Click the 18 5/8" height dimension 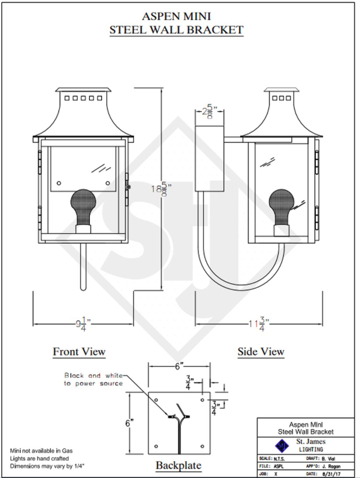160,190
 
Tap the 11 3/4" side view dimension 259,324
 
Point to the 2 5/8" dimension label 209,112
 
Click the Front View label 79,351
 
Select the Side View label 261,351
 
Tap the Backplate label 178,465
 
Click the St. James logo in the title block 282,445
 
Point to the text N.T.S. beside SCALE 279,459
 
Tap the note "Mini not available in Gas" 42,451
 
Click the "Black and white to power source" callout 93,380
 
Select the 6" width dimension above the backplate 179,366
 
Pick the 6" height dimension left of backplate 129,423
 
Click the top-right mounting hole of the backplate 202,399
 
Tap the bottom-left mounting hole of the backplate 156,446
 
